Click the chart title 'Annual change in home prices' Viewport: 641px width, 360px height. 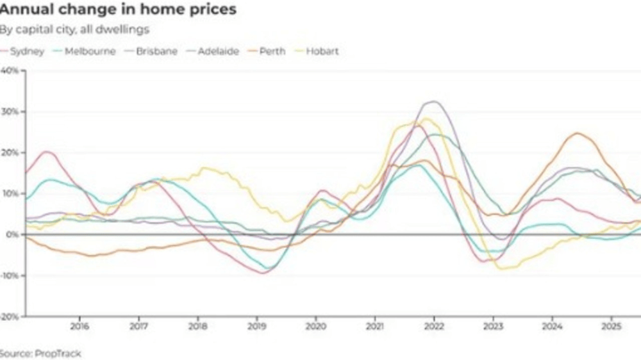click(118, 10)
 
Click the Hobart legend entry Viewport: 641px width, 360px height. click(322, 51)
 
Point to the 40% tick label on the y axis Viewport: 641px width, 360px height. click(10, 70)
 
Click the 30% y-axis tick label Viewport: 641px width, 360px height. click(10, 111)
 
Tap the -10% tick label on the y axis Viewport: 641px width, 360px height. click(10, 275)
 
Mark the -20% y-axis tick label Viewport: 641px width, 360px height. click(10, 316)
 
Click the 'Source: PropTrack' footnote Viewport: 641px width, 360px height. click(40, 353)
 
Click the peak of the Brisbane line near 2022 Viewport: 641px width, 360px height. click(434, 101)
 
